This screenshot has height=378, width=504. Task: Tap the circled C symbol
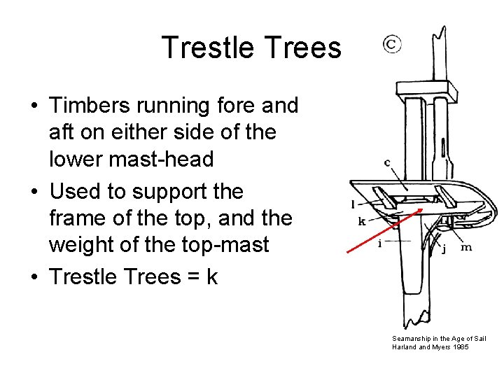click(391, 44)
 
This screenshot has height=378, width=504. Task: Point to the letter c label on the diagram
click(386, 163)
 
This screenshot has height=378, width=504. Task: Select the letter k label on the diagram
click(362, 222)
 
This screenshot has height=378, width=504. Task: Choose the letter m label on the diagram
click(465, 247)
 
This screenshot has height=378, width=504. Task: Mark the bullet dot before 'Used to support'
click(34, 192)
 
